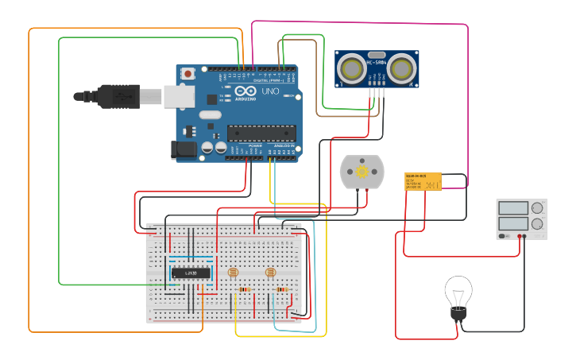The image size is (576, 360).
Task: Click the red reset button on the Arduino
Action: click(x=187, y=74)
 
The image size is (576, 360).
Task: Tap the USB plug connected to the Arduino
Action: click(x=119, y=96)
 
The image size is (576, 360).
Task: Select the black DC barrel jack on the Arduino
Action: click(x=184, y=149)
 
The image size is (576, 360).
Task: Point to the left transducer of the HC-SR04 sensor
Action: click(x=350, y=69)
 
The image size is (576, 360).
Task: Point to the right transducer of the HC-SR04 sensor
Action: click(x=403, y=69)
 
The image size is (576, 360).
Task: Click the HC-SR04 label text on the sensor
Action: click(x=377, y=62)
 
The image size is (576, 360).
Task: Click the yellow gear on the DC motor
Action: click(x=361, y=172)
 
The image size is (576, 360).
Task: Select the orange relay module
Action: click(x=423, y=182)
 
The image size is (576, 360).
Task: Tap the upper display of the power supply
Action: click(x=512, y=208)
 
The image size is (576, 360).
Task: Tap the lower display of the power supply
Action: click(x=512, y=224)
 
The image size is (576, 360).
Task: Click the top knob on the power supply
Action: click(x=538, y=208)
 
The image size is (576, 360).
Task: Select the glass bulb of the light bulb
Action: click(x=458, y=292)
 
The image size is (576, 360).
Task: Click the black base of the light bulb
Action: click(x=458, y=315)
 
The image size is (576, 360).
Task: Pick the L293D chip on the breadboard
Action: click(x=191, y=273)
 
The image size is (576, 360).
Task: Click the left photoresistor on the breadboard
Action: click(x=233, y=273)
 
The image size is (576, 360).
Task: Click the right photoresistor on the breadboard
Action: click(x=270, y=273)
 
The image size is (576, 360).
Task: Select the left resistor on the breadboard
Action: click(x=245, y=290)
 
